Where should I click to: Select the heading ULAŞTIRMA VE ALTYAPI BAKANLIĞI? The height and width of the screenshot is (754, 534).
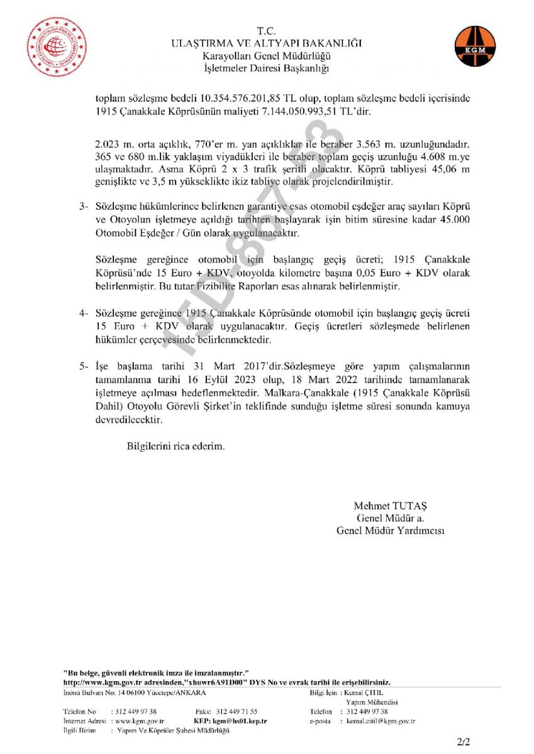267,43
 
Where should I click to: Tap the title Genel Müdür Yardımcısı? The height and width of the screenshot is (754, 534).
390,531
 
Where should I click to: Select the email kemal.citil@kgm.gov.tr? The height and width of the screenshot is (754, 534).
381,721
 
